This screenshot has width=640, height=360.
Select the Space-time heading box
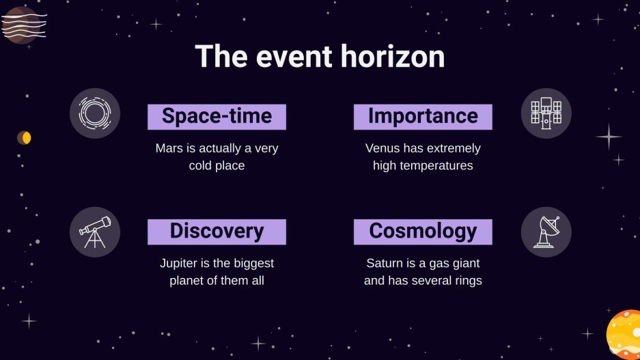[x=217, y=117]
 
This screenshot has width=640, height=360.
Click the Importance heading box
[x=423, y=117]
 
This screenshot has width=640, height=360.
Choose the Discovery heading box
[x=217, y=232]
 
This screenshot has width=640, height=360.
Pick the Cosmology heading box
[x=423, y=232]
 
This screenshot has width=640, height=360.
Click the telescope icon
[x=95, y=232]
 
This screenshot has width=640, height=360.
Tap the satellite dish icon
[x=546, y=232]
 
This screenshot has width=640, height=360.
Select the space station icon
[x=546, y=113]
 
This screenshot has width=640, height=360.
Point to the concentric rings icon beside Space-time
[x=95, y=113]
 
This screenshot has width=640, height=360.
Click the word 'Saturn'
[x=385, y=263]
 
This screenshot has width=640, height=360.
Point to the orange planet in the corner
[x=624, y=335]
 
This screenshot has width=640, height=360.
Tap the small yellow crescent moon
[x=25, y=138]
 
